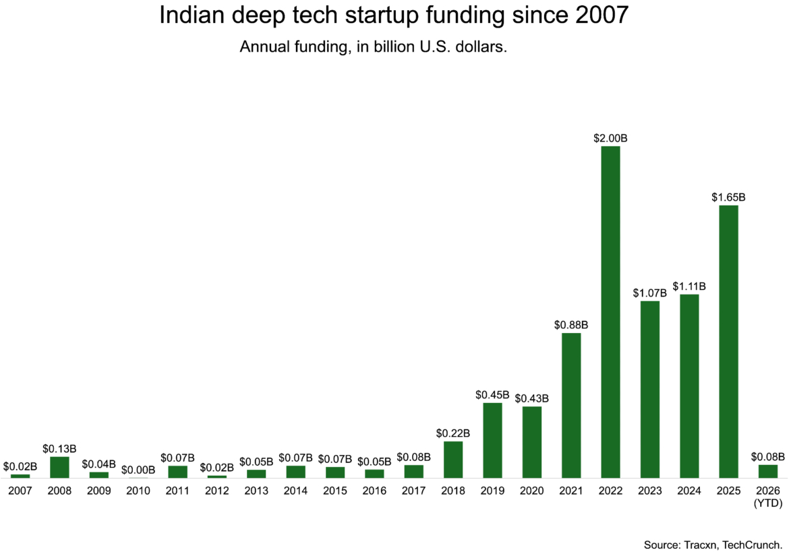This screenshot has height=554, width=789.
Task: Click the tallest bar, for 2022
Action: point(610,311)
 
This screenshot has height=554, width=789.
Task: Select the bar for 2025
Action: point(728,341)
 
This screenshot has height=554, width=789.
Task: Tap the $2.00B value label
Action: point(610,138)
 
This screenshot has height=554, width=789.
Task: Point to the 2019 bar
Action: point(492,440)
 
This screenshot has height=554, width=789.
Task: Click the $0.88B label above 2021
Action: point(571,325)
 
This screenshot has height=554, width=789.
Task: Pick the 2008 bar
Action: point(59,467)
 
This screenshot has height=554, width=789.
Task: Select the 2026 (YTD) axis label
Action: point(767,496)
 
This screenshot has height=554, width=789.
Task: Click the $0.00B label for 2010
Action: point(138,470)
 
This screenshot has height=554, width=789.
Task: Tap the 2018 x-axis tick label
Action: point(453,491)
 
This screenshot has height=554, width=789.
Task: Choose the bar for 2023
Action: point(650,389)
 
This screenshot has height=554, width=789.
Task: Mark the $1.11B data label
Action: point(689,286)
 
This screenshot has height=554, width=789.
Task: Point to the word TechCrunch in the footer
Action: point(752,544)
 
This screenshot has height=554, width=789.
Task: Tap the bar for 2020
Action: point(532,441)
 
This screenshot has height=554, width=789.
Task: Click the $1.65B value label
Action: point(728,197)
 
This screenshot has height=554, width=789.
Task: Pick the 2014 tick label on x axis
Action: point(295,491)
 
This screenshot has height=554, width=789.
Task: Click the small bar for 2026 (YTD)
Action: point(767,470)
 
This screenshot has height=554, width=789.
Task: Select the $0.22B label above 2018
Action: point(453,433)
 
